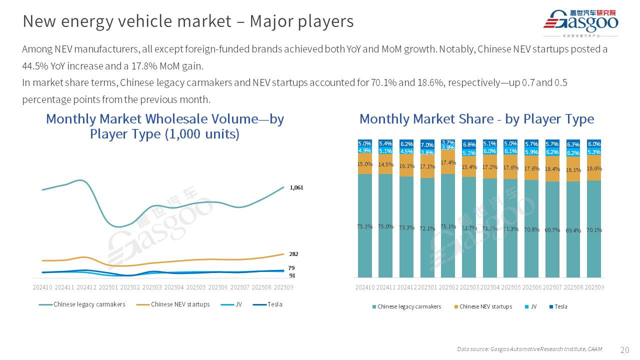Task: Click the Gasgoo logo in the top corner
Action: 580,23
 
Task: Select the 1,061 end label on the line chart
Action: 297,187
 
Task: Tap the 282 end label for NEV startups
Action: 294,254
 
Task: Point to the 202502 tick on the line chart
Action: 130,287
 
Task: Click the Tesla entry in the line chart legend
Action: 274,304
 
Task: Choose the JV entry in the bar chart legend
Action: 533,306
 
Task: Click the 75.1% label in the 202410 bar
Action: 365,226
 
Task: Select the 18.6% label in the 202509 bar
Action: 594,169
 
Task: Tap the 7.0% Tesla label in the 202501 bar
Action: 427,145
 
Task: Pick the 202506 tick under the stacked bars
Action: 531,287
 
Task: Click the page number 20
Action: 624,349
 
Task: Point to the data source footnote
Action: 529,349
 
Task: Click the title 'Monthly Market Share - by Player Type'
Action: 476,119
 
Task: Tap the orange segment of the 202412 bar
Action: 406,166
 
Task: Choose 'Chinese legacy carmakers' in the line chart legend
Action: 89,304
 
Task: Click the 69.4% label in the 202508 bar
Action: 573,230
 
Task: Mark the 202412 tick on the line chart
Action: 87,287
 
